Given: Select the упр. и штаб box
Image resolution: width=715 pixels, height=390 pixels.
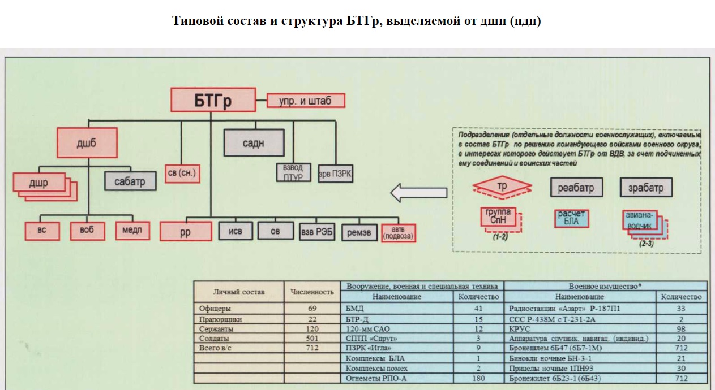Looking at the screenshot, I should [305, 101].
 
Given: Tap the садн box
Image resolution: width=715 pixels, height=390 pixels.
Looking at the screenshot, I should [253, 142].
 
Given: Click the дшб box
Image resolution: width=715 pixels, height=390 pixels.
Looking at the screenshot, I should [87, 143].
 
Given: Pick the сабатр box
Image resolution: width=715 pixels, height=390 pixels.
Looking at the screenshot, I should [130, 181].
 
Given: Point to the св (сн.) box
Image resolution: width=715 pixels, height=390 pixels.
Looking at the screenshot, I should [182, 173].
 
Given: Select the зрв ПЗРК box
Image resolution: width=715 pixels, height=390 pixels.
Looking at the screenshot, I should [336, 174].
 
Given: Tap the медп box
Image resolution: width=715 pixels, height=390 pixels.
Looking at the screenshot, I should [132, 231].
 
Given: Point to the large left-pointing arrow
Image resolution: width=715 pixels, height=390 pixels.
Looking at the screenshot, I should [418, 193].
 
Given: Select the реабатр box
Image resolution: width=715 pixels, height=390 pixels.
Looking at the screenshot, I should [576, 187].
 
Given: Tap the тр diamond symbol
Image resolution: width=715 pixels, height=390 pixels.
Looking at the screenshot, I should [502, 187].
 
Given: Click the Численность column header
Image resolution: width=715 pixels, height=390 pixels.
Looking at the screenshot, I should [312, 292].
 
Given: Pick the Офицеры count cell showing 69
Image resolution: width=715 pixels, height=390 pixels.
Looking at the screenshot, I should [312, 309].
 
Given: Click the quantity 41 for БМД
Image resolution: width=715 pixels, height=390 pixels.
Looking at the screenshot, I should [478, 309].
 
